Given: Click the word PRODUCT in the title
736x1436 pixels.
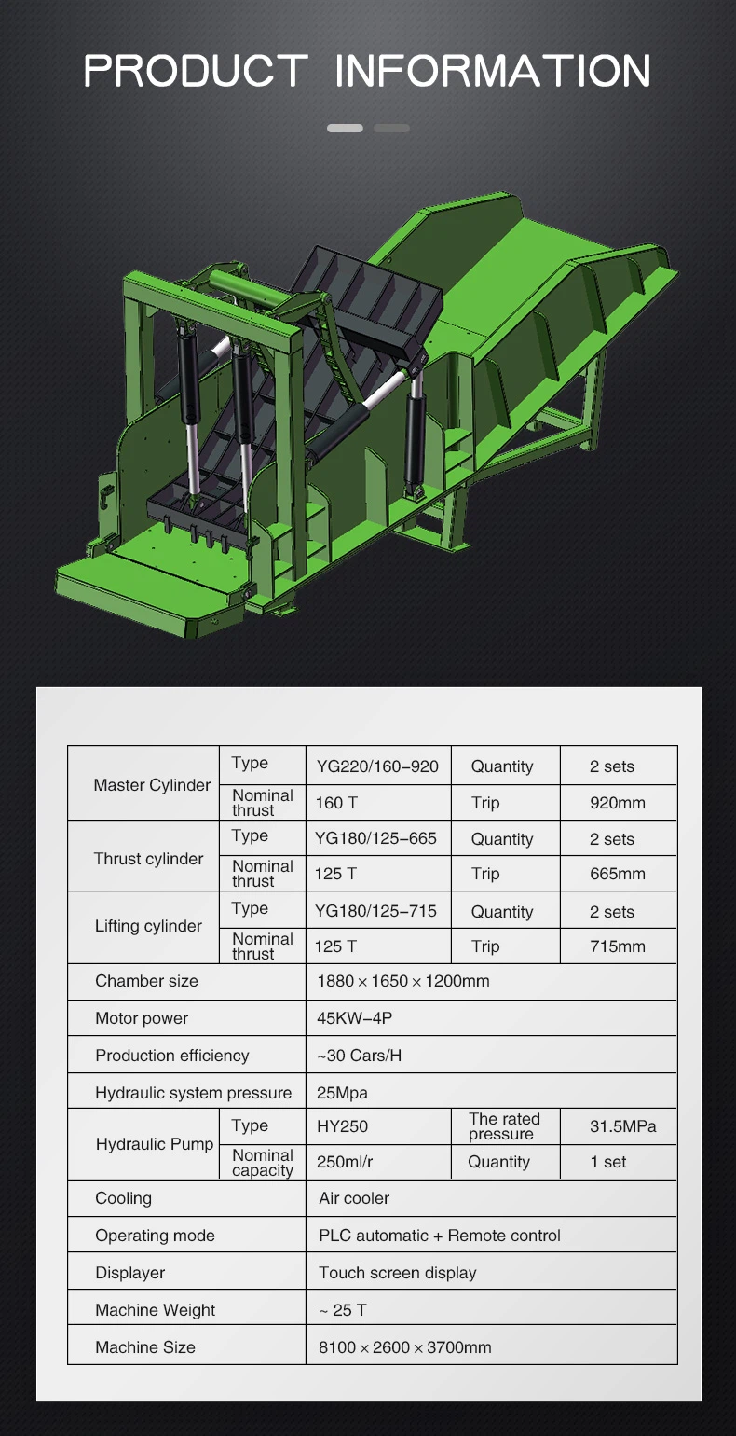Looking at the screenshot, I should point(196,72).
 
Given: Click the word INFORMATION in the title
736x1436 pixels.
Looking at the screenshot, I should point(492,72).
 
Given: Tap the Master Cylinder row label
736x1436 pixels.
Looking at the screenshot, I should point(152,785).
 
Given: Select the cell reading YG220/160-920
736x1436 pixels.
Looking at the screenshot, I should point(376,766).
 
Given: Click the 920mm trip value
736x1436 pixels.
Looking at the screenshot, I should point(617,803).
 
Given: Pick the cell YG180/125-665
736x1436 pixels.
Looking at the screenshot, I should point(375,838).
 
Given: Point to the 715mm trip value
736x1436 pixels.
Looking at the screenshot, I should point(617,946).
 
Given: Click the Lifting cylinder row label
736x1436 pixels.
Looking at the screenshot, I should point(148,926).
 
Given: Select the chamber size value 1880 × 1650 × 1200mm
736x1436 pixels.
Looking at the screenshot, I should point(402,981).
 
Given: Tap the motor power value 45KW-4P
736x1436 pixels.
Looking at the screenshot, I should point(354,1018).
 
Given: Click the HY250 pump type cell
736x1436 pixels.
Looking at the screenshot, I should point(342,1126).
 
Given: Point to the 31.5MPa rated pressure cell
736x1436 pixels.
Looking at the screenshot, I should point(622,1126).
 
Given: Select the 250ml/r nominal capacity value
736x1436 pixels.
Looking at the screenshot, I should point(345,1162).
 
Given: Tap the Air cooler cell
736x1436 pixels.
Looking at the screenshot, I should point(354,1198).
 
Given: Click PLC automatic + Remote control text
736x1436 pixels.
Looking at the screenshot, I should point(439,1236).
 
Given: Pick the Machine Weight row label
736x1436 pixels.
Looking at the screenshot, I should point(155,1310).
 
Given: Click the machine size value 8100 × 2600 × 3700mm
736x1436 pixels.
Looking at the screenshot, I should point(404,1347).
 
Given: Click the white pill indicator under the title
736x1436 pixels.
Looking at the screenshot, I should point(345,128).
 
